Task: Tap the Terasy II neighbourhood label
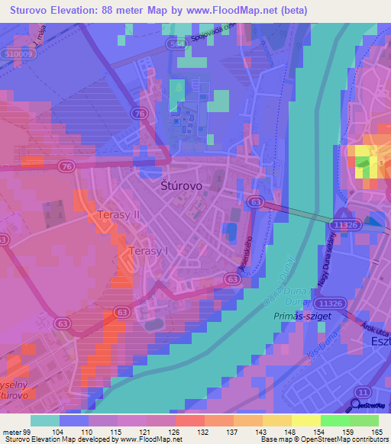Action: pos(118,216)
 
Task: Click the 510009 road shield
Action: pos(17,54)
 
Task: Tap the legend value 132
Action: pos(202,431)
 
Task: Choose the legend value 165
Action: pos(377,431)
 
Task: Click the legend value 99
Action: pos(31,431)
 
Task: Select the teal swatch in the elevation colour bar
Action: pos(45,420)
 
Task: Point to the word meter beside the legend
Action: pos(11,431)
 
